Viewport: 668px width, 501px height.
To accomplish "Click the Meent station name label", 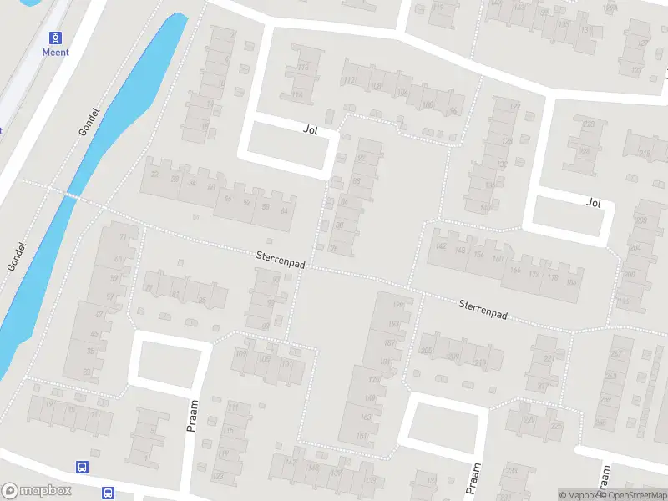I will (56, 52).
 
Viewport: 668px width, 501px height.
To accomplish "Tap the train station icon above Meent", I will (56, 38).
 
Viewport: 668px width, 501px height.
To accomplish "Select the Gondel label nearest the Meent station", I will (89, 122).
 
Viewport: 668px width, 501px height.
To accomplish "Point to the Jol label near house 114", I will (311, 129).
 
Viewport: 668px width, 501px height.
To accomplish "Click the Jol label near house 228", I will (594, 202).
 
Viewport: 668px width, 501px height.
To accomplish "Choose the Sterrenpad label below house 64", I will (281, 262).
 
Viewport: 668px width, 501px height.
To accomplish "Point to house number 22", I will (154, 175).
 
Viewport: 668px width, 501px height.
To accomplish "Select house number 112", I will (350, 81).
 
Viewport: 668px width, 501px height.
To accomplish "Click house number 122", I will (514, 107).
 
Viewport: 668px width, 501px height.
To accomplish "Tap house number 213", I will (478, 362).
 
